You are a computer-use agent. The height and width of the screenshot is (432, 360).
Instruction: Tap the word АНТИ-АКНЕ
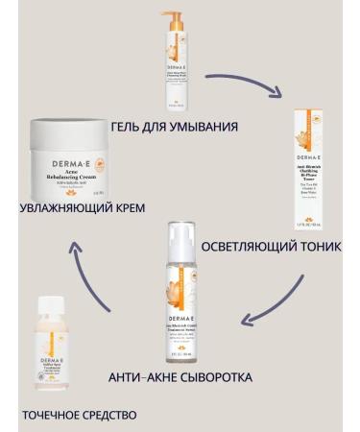pos(140,377)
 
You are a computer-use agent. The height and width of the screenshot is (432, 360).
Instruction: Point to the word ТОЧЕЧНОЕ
pos(47,415)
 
